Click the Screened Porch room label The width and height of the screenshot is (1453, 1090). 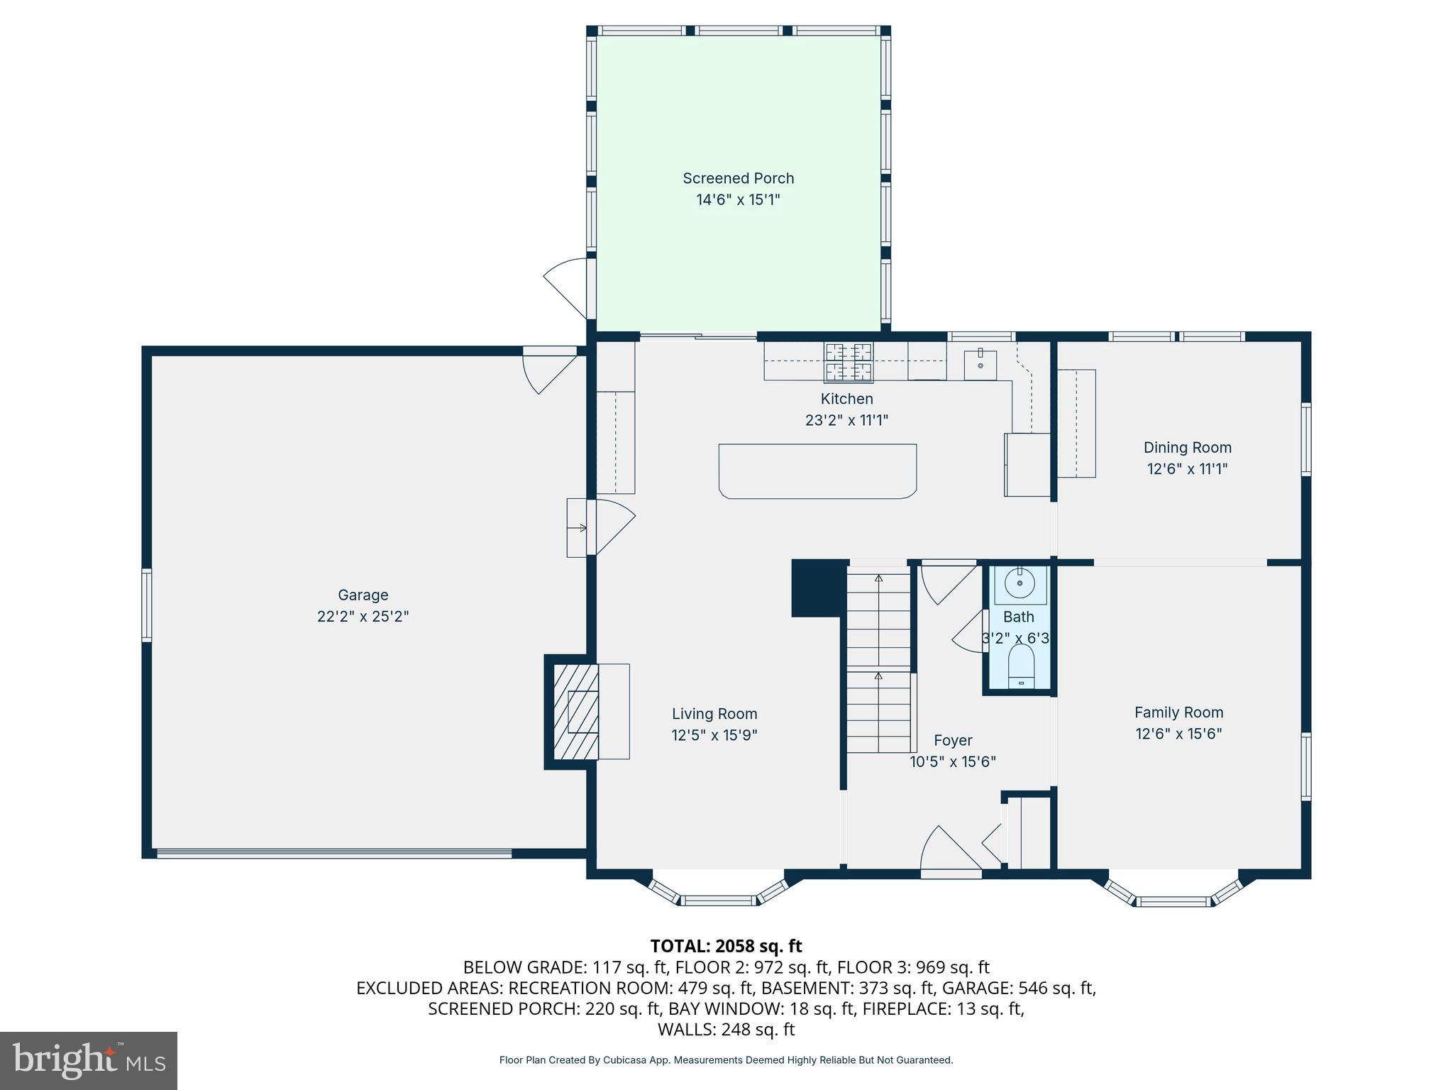[x=738, y=178]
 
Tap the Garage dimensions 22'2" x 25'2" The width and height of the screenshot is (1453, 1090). [x=363, y=616]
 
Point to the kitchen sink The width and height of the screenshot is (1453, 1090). [x=980, y=365]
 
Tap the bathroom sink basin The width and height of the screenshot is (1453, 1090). [x=1020, y=583]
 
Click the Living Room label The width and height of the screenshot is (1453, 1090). [x=714, y=714]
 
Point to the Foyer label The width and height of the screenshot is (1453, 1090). [x=953, y=740]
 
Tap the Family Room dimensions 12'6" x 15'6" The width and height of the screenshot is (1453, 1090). [x=1178, y=733]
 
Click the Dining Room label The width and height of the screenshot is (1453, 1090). [x=1187, y=447]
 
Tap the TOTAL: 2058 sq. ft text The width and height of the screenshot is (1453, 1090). [x=726, y=946]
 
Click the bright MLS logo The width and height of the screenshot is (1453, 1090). [x=89, y=1060]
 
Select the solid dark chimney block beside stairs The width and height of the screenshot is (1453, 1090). [x=818, y=588]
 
